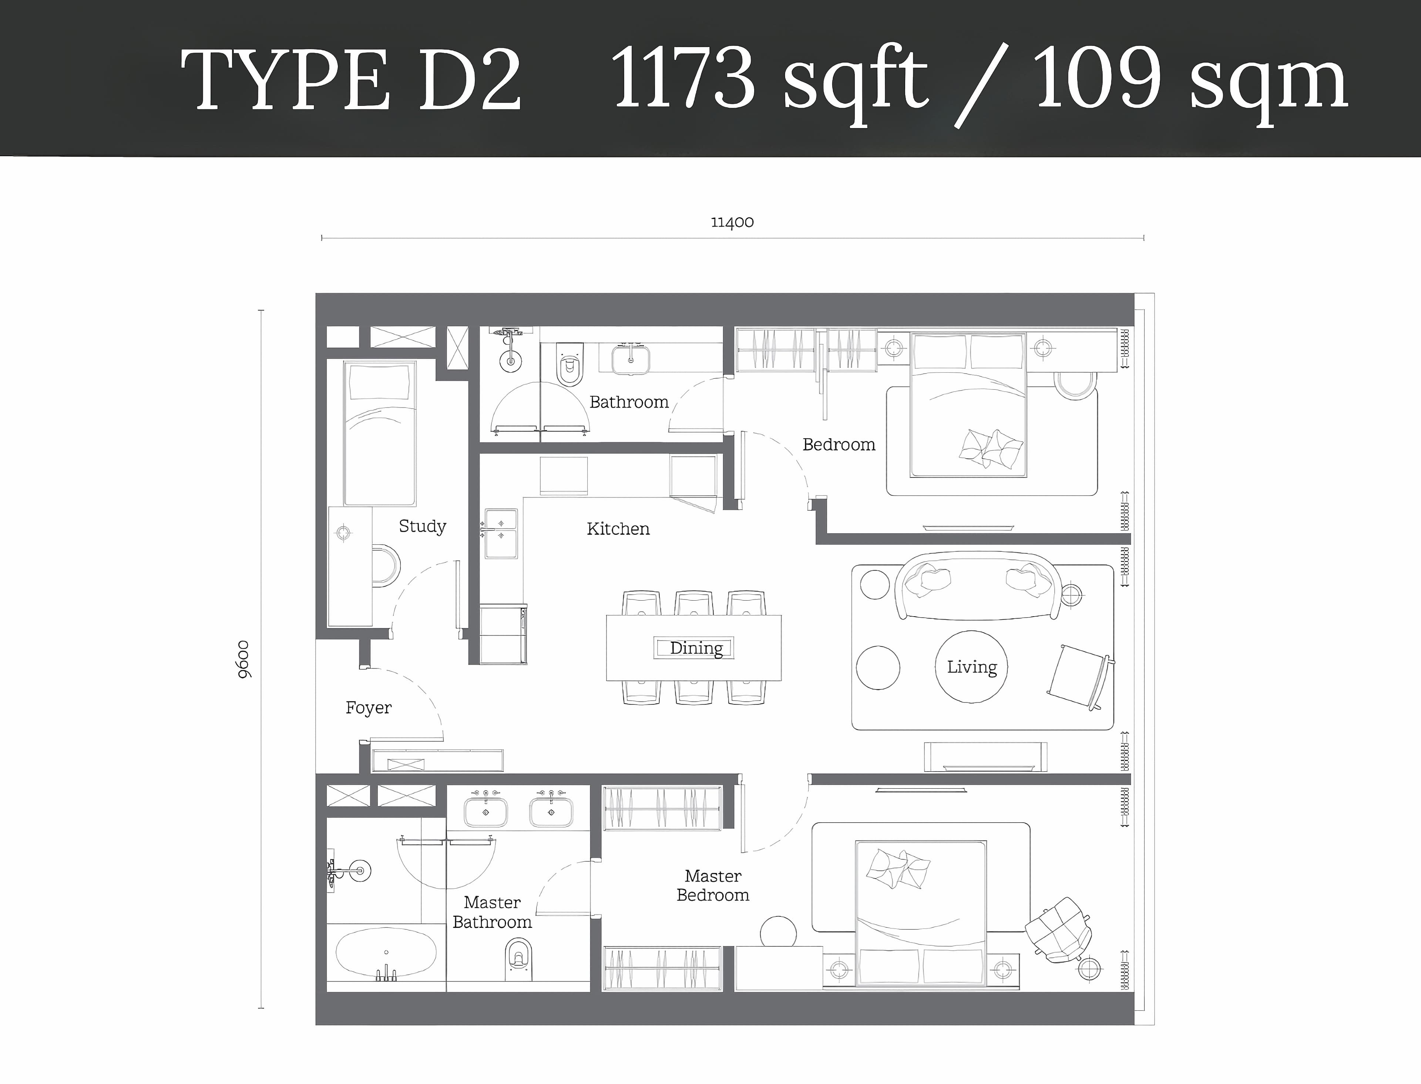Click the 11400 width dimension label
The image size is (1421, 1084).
[732, 222]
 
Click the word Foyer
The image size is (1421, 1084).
[368, 708]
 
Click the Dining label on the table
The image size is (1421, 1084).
[696, 648]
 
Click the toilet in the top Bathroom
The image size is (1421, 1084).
[570, 365]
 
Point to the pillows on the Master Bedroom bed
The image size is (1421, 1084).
[897, 868]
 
